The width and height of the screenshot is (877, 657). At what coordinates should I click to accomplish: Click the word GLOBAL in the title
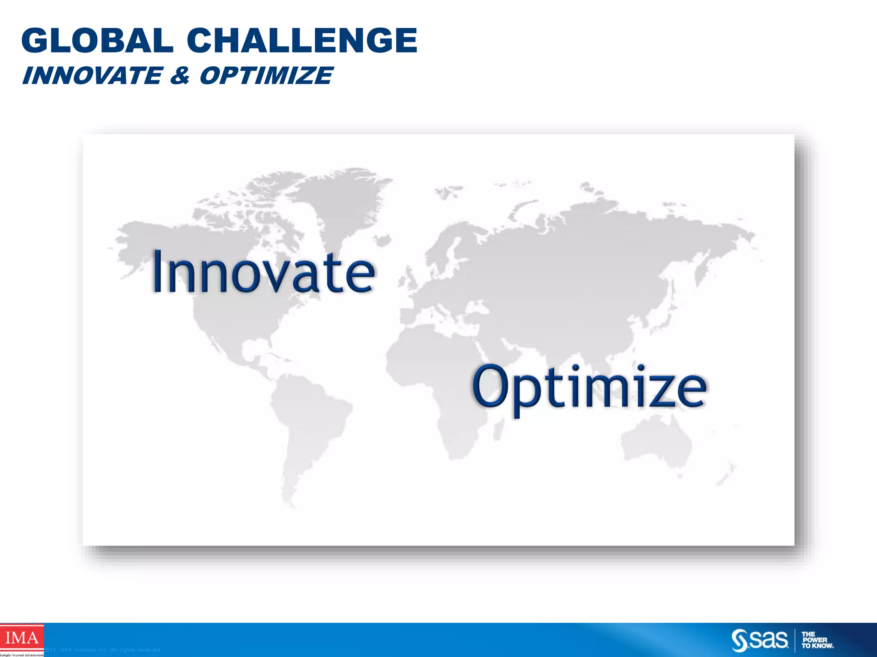(97, 41)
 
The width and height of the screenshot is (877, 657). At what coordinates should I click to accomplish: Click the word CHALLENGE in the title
(302, 41)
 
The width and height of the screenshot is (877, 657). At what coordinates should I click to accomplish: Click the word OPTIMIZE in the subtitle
(266, 76)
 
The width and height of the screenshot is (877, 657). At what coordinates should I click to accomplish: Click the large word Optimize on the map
(590, 387)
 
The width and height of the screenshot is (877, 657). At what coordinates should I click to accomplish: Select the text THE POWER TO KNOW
(817, 640)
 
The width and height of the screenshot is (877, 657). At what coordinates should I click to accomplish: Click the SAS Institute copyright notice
(103, 650)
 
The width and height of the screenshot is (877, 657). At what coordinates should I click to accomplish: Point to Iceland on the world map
(383, 240)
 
